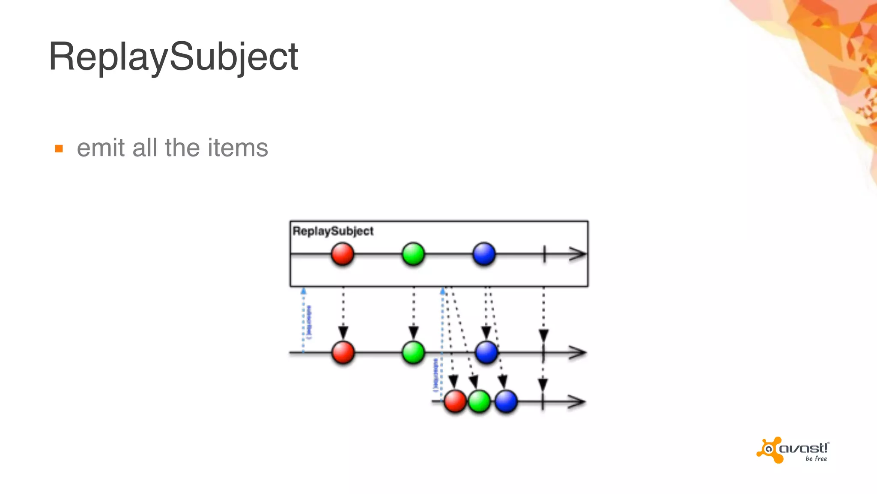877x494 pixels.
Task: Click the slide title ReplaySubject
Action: [173, 57]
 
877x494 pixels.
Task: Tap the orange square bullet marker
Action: [59, 149]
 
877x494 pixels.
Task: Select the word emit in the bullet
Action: [101, 148]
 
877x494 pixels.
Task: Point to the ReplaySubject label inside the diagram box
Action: [333, 231]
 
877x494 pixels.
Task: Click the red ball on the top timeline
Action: [343, 254]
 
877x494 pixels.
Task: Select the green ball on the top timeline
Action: [413, 254]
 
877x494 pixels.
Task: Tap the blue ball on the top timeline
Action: [484, 254]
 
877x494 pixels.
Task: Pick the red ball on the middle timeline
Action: [343, 352]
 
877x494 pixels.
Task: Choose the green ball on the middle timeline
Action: [413, 352]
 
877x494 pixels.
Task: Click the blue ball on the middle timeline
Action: [486, 352]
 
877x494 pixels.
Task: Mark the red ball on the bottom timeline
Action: [455, 401]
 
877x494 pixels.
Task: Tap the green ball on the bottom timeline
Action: [479, 401]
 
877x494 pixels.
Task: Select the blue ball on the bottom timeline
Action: [506, 401]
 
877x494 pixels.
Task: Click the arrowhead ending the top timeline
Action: [578, 254]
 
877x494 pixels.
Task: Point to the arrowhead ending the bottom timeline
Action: [577, 402]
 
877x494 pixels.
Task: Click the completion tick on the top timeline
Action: [544, 254]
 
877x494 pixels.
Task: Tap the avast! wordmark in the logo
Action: [804, 449]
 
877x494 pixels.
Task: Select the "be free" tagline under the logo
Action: [816, 459]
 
